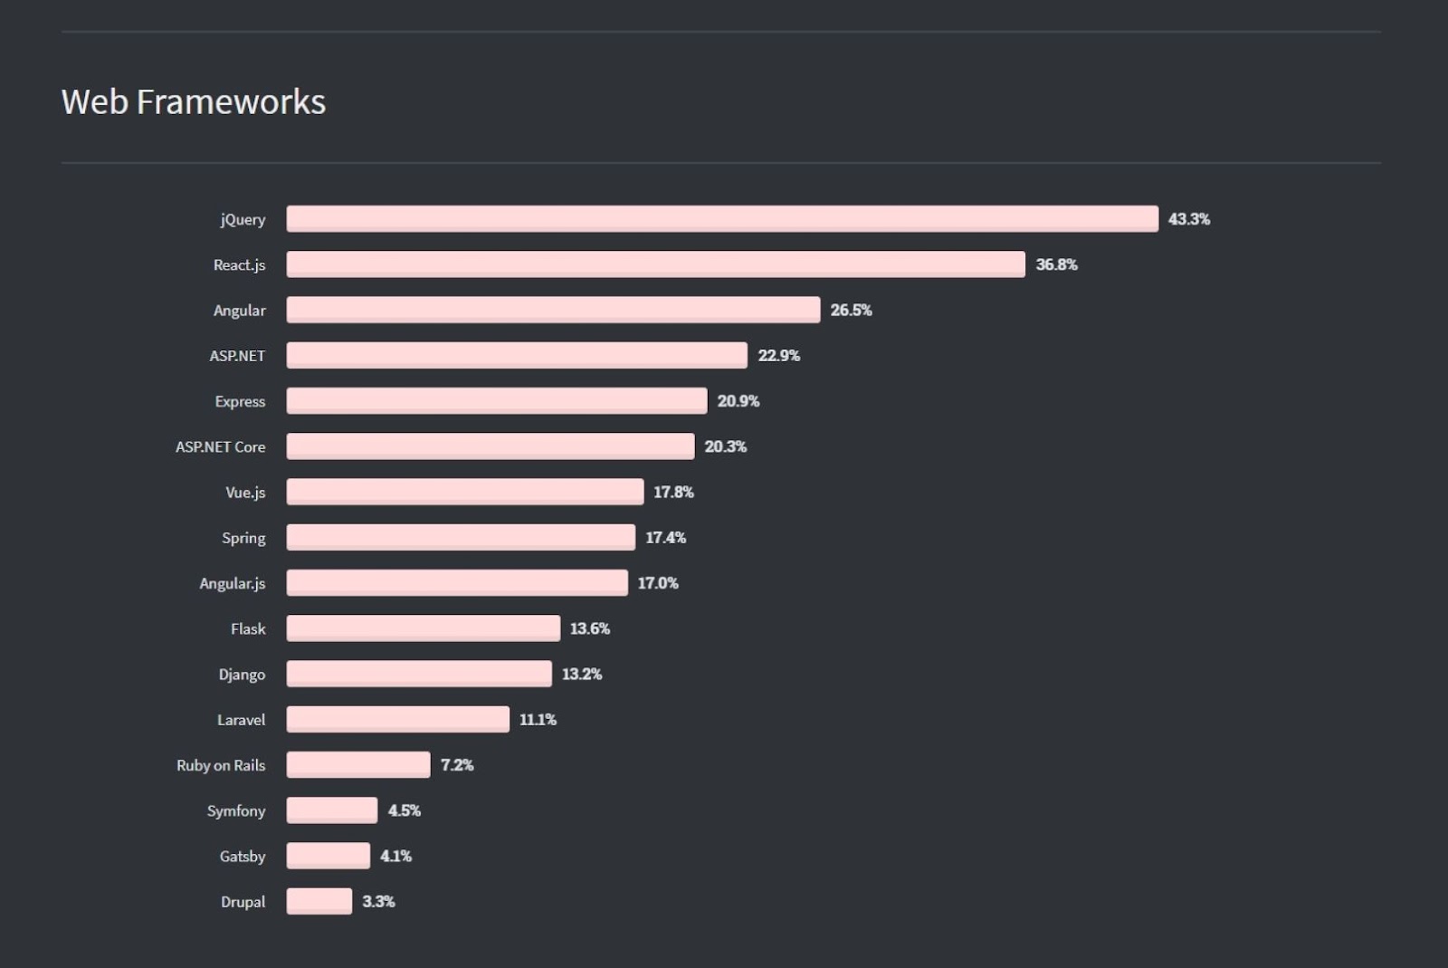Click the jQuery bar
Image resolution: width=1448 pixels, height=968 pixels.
[x=722, y=219]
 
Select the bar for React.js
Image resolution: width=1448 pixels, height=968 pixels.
[x=655, y=264]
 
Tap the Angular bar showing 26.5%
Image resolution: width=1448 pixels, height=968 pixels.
[x=553, y=310]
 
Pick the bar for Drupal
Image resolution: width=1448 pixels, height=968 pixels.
[x=319, y=901]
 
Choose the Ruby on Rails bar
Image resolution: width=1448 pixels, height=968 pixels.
[x=358, y=765]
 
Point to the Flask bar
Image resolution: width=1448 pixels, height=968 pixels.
[x=423, y=628]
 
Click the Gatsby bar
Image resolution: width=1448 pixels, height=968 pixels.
[x=329, y=856]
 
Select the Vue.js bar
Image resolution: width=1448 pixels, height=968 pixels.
[x=464, y=492]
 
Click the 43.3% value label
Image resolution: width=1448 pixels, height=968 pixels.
[x=1188, y=219]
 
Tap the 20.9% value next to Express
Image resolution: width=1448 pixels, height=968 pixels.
[x=738, y=401]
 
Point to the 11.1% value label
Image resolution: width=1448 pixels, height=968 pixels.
[x=538, y=720]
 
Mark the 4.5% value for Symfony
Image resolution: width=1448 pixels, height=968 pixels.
[x=404, y=810]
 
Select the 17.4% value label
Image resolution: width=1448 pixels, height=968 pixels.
[x=665, y=538]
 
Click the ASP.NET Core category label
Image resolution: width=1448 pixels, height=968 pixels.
[x=220, y=446]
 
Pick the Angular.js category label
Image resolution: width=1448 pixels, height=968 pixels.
[x=232, y=583]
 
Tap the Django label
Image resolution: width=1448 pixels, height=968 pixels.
[x=242, y=675]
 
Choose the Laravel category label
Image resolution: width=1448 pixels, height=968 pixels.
[x=241, y=720]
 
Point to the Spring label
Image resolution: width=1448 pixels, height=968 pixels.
[x=243, y=538]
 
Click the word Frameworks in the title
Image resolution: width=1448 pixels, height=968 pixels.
[x=231, y=102]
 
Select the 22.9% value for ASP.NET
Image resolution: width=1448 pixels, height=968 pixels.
[x=778, y=356]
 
